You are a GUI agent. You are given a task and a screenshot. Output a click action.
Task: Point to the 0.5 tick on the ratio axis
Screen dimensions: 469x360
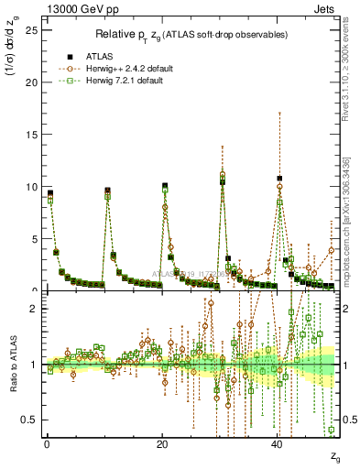[28, 420]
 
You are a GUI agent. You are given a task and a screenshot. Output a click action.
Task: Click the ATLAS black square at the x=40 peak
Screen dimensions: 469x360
[279, 179]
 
